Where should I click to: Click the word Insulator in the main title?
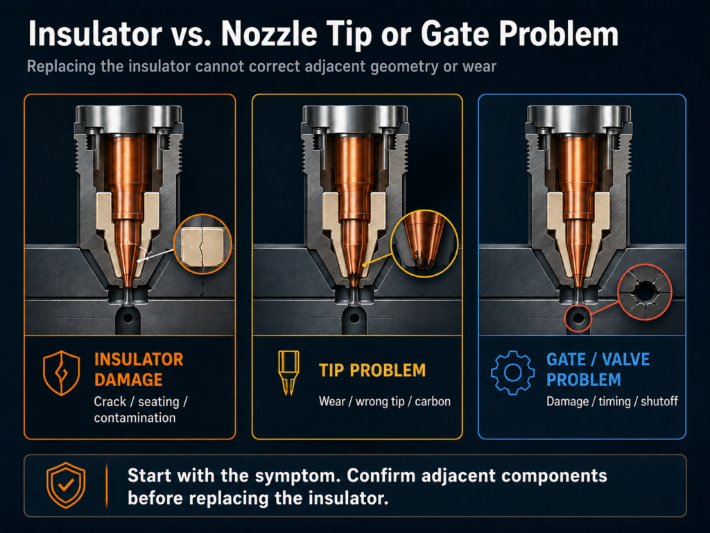94,34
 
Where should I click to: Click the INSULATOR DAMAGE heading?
139,369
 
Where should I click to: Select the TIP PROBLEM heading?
372,371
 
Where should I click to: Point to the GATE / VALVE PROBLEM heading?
598,369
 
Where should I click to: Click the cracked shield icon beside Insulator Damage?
62,373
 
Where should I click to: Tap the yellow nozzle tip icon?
288,372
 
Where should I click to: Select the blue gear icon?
512,373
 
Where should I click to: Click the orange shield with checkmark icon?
66,485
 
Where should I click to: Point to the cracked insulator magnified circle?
202,244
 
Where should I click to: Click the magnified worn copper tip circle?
424,244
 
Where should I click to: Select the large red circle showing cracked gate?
645,292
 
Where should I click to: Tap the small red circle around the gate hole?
578,318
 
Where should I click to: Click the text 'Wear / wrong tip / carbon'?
384,401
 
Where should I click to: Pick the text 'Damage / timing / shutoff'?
612,401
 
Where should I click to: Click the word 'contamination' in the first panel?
135,417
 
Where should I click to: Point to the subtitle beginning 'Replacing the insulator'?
261,67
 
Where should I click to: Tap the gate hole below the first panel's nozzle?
128,318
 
